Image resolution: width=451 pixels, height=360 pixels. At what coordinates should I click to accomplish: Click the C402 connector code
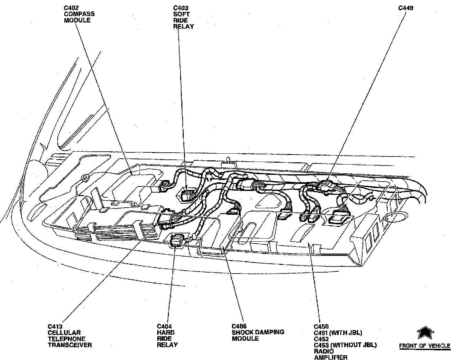(x=71, y=7)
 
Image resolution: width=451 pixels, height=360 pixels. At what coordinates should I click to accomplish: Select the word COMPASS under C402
(x=79, y=14)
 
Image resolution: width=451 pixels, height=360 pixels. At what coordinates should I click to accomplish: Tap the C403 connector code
(x=181, y=7)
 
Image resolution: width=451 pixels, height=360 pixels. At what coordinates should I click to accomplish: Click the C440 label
(x=406, y=8)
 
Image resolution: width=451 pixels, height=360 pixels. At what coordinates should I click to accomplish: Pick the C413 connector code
(x=55, y=326)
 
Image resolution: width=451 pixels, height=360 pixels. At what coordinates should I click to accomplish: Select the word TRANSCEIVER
(x=70, y=345)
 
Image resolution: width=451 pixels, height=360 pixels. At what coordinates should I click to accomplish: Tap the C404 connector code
(x=164, y=326)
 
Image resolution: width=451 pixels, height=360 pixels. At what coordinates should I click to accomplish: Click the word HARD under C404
(x=166, y=332)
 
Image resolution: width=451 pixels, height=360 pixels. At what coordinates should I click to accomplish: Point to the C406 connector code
(x=239, y=326)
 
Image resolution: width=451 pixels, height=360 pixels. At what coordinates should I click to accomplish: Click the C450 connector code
(x=321, y=327)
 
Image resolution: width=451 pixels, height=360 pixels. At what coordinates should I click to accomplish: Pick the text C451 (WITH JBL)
(x=338, y=333)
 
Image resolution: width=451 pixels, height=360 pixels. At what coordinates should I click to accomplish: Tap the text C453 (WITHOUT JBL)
(x=345, y=345)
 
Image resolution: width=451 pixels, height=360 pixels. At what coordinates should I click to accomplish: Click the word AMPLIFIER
(x=330, y=357)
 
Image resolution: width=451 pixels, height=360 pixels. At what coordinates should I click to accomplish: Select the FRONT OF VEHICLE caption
(x=425, y=346)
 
